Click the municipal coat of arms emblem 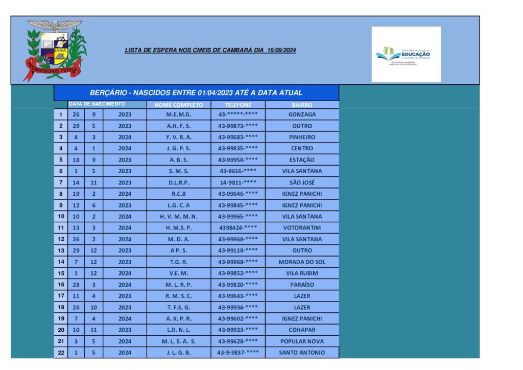click(x=55, y=50)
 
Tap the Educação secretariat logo click(x=406, y=55)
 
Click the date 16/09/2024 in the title click(x=281, y=50)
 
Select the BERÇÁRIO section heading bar click(x=196, y=93)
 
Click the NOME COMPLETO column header click(x=178, y=105)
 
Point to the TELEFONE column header click(x=237, y=105)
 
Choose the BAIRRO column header click(x=302, y=105)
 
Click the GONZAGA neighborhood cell click(x=302, y=114)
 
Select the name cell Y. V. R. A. click(x=179, y=137)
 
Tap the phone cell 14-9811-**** click(x=237, y=182)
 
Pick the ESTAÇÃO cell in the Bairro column click(x=302, y=160)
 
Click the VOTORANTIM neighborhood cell click(x=302, y=228)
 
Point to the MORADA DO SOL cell click(x=302, y=262)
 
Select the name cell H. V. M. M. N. click(x=179, y=217)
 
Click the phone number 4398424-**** click(x=237, y=228)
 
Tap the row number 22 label click(x=60, y=353)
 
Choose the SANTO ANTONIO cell click(x=302, y=353)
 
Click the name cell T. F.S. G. click(x=179, y=308)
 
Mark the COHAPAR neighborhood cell click(x=302, y=330)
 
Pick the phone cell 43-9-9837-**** click(x=237, y=353)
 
